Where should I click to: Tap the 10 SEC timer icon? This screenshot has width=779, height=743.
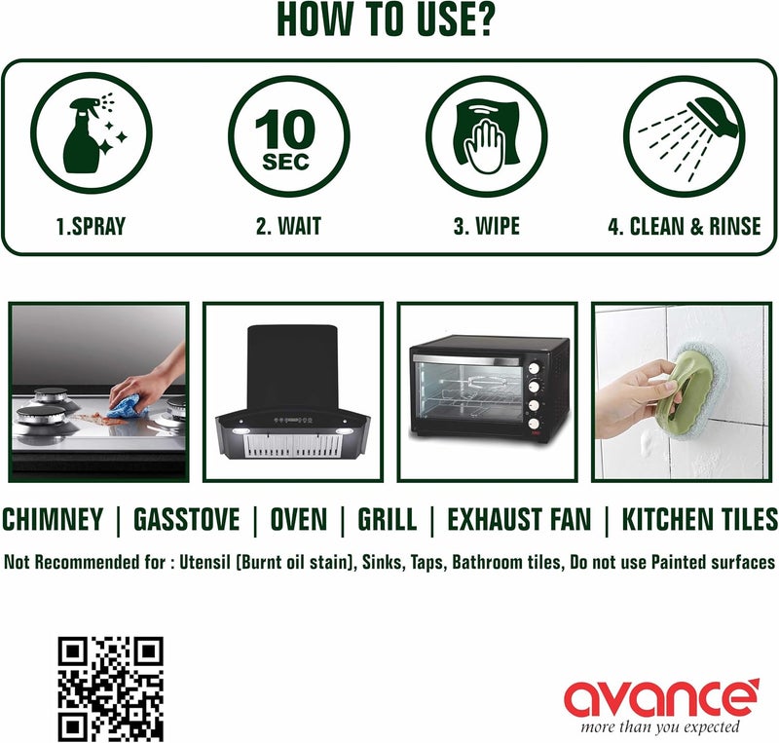tap(288, 135)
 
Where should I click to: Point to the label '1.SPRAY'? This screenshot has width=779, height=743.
tap(91, 227)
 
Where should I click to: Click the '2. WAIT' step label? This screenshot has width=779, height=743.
tap(288, 226)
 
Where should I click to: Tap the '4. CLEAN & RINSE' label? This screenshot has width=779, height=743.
tap(685, 226)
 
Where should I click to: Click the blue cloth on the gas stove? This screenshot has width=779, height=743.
tap(129, 406)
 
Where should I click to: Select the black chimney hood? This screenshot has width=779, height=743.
tap(293, 392)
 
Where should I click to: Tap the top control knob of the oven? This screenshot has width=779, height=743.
tap(534, 368)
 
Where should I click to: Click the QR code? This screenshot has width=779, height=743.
tap(111, 689)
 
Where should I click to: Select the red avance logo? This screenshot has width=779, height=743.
tap(662, 696)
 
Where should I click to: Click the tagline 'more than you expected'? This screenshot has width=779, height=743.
tap(660, 727)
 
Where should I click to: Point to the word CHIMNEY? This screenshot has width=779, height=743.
tap(53, 519)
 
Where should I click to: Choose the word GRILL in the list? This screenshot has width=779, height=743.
tap(388, 519)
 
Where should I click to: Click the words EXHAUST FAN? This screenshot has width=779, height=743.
tap(519, 519)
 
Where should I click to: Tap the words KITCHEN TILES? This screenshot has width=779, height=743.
tap(699, 519)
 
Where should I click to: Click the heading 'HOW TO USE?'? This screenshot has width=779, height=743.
tap(385, 19)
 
